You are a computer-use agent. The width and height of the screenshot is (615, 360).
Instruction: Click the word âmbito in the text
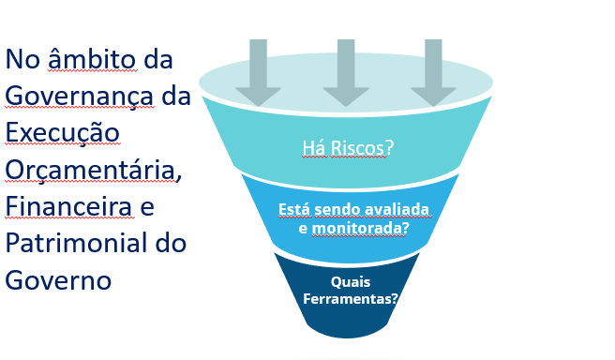tap(92, 59)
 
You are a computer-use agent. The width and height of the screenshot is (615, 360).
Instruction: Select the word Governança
tap(79, 97)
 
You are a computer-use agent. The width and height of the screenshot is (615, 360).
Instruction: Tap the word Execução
tap(63, 132)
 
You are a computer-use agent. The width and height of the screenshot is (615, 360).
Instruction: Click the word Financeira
tap(68, 206)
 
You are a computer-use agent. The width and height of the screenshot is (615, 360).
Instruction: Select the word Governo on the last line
tap(58, 280)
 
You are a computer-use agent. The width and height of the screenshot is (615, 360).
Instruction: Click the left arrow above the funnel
tap(258, 72)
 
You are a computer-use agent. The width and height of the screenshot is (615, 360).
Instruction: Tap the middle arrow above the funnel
tap(346, 72)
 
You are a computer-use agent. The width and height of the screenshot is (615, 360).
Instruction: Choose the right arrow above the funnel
tap(433, 72)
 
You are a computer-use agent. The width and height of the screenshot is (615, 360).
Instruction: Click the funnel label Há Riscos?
tap(348, 148)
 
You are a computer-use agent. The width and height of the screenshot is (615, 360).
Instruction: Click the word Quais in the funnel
tap(351, 281)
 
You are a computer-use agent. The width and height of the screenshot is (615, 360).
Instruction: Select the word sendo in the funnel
tap(337, 209)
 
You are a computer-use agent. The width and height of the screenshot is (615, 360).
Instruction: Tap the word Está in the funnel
tap(294, 209)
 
